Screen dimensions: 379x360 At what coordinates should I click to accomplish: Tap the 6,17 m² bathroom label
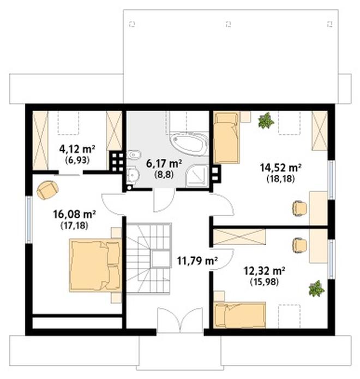click(164, 163)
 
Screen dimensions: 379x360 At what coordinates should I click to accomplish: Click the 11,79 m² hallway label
click(197, 260)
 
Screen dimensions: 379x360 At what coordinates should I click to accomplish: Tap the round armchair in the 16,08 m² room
click(47, 189)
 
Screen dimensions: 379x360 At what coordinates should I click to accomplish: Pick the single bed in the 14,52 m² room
click(226, 138)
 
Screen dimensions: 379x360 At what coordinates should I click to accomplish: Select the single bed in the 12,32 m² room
click(240, 315)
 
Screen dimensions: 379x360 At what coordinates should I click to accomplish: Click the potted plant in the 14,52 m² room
click(266, 120)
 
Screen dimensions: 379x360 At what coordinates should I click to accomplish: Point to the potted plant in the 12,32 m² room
click(315, 288)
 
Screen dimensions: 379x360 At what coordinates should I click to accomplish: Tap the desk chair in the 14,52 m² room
click(298, 208)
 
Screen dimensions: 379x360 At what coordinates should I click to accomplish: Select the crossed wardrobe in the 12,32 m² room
click(239, 237)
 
